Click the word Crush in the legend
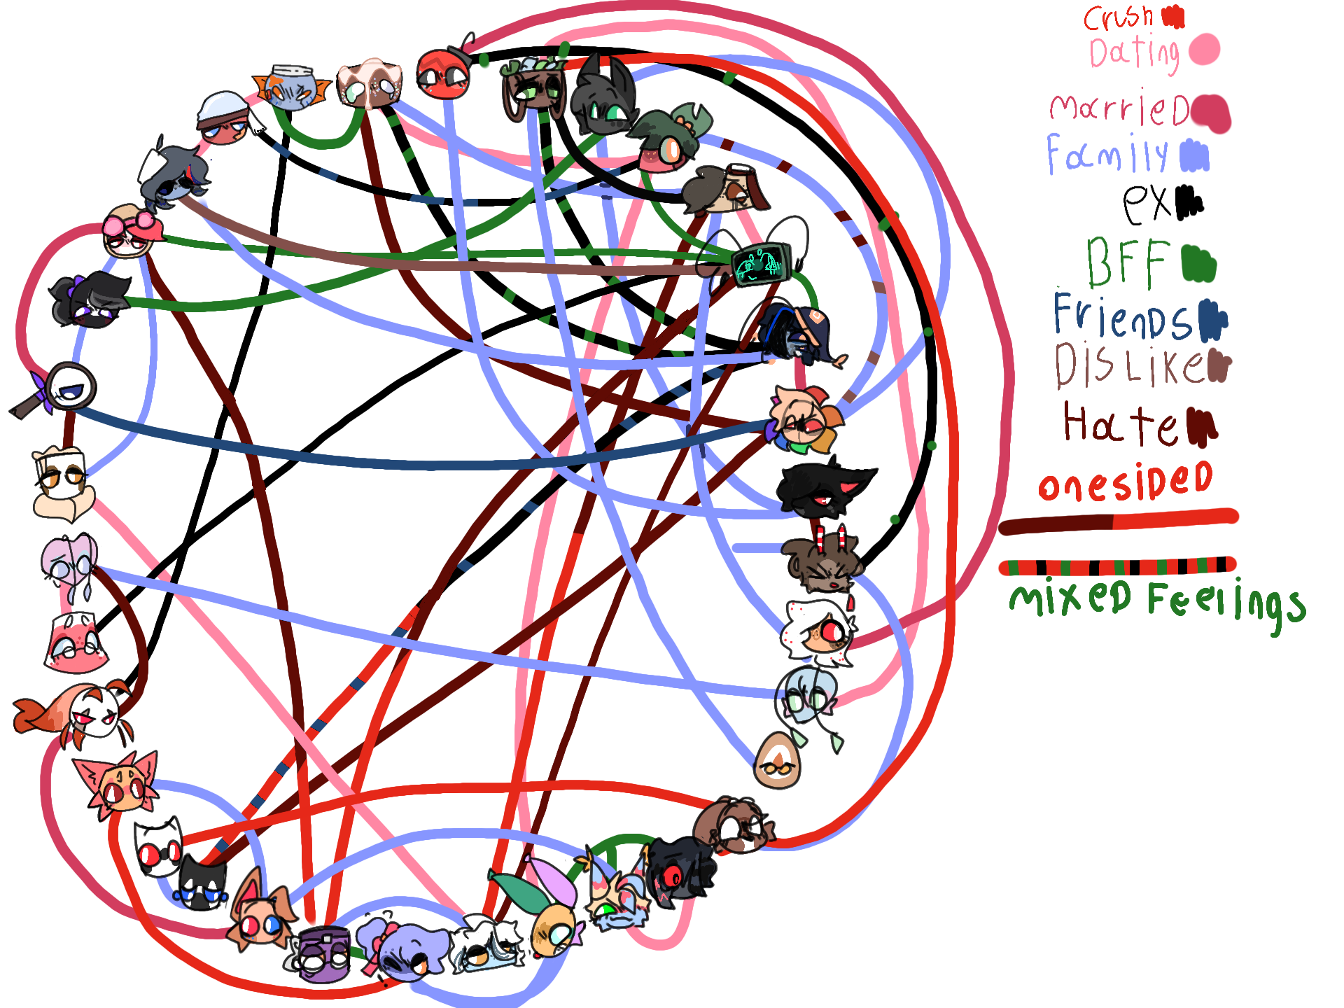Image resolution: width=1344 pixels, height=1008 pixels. [x=1118, y=17]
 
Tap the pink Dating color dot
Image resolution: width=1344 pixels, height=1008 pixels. [x=1204, y=50]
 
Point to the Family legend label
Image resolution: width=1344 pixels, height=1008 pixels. [x=1107, y=155]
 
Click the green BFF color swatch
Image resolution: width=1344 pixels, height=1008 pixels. [x=1198, y=263]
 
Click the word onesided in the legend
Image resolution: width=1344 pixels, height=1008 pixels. [x=1125, y=482]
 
